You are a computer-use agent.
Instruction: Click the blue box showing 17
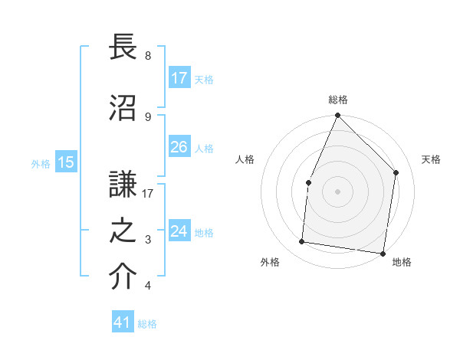coord(179,78)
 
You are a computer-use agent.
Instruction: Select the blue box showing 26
coord(179,147)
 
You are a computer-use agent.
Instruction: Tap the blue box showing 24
coord(179,231)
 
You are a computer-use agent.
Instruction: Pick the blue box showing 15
coord(66,162)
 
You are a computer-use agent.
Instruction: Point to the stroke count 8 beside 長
coord(148,56)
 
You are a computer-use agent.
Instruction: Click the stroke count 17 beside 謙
coord(148,194)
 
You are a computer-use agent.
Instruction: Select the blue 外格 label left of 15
coord(41,163)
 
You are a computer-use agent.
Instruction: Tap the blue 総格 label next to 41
coord(147,324)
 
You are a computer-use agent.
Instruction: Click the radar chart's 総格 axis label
coord(338,100)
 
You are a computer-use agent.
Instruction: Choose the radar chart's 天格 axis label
coord(432,159)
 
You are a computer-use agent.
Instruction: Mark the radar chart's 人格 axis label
coord(245,159)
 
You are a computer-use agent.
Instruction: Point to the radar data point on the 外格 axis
coord(302,242)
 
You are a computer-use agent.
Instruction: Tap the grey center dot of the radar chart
coord(337,191)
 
